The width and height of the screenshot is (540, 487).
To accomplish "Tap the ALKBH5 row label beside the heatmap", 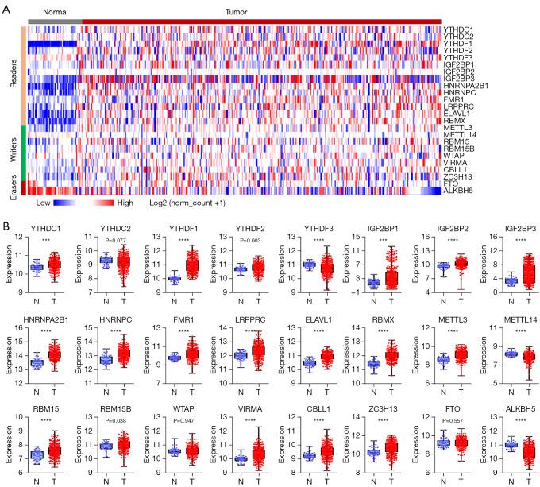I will click(x=460, y=191).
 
